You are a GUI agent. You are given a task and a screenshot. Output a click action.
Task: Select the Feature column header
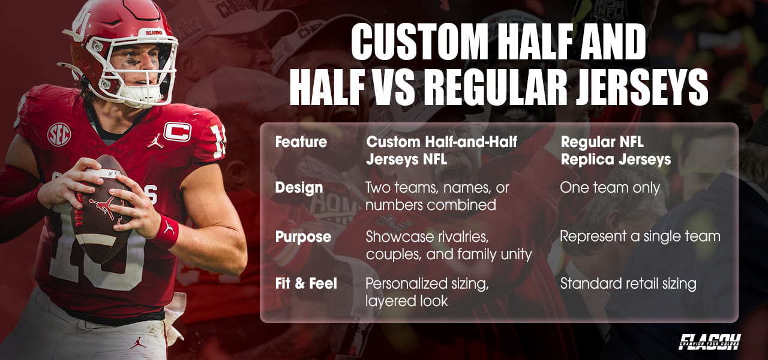[x=301, y=142]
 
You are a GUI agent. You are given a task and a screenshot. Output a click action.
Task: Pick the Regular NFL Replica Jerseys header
[x=615, y=151]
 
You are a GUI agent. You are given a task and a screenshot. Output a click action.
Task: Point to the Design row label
[x=299, y=187]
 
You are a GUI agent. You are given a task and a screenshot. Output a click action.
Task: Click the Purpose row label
[x=303, y=236]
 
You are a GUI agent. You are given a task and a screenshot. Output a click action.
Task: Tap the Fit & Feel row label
[x=306, y=283]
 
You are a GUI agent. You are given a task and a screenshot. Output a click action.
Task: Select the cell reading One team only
[x=610, y=188]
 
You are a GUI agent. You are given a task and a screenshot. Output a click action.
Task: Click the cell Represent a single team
[x=640, y=236]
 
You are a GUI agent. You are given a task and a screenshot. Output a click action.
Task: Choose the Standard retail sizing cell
[x=628, y=283]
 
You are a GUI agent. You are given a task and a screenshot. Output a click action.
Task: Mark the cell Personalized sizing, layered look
[x=427, y=292]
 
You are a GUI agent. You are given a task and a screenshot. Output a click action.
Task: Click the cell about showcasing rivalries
[x=448, y=245]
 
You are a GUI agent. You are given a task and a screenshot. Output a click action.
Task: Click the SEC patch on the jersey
[x=59, y=134]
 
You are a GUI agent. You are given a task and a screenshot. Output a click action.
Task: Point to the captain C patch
[x=177, y=131]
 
